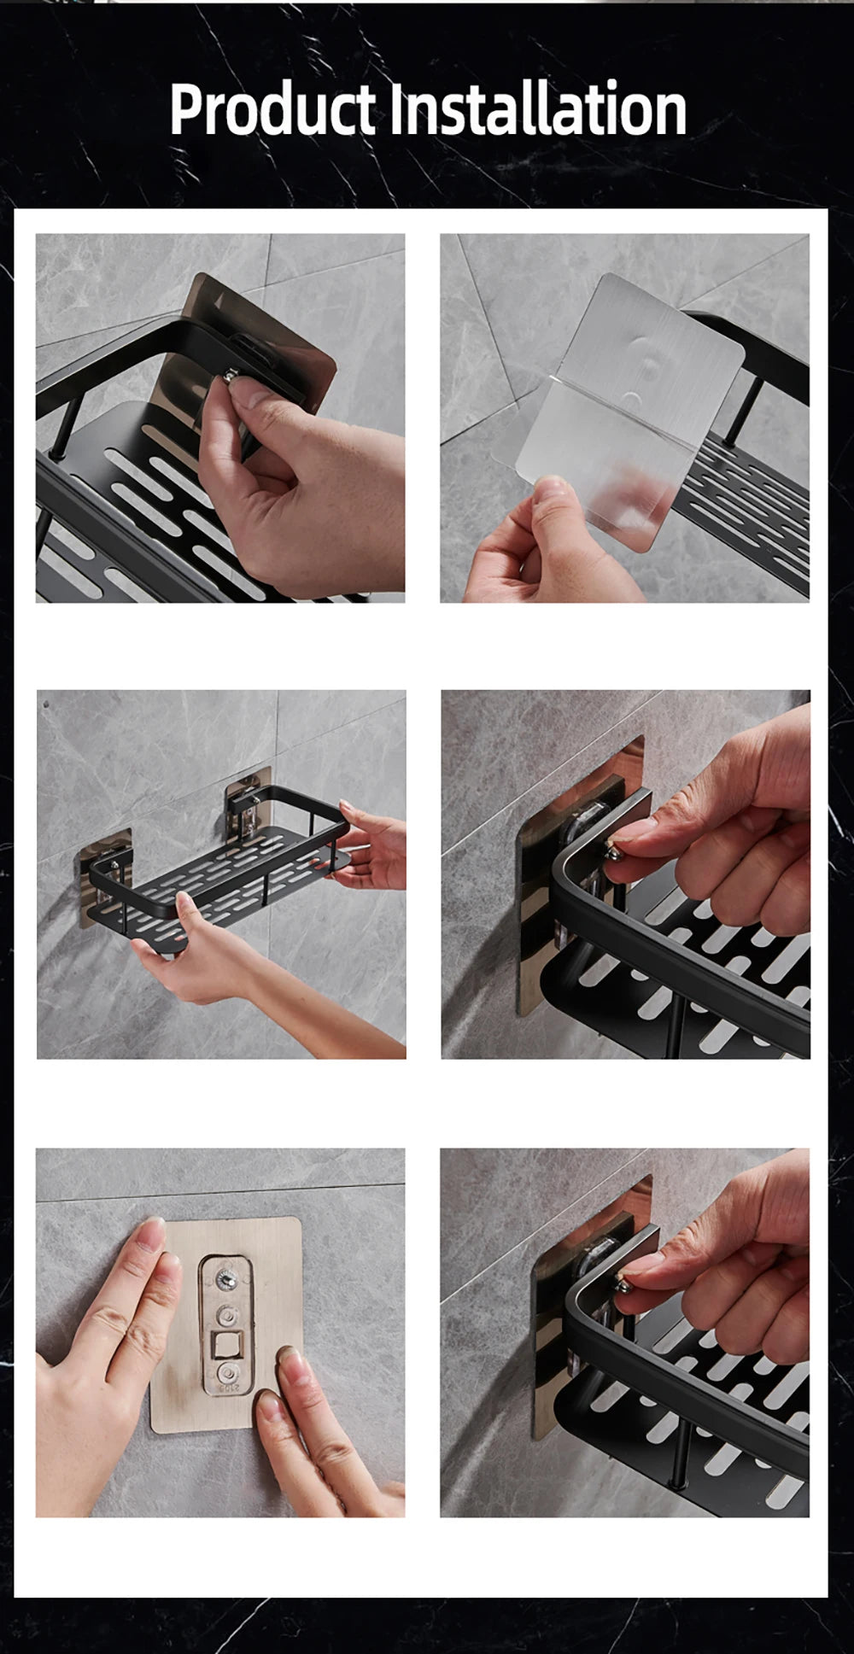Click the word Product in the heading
272,109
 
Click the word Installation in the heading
538,109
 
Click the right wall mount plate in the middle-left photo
248,811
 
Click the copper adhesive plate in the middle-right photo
538,922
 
